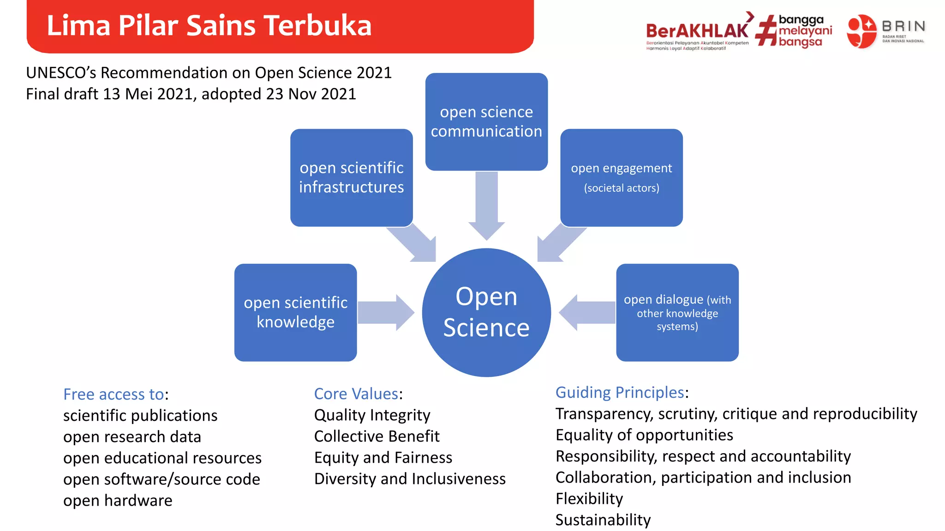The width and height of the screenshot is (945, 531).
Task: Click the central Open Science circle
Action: tap(486, 312)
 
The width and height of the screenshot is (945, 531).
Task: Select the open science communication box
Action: tap(486, 121)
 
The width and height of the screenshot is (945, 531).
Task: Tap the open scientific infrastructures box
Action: tap(351, 177)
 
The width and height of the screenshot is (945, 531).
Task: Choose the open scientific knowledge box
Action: tap(295, 312)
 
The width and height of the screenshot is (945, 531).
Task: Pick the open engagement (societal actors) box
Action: tap(621, 177)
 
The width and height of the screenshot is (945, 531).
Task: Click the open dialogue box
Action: tap(677, 312)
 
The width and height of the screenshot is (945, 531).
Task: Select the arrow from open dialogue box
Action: tap(587, 313)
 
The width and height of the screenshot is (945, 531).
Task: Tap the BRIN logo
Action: tap(885, 31)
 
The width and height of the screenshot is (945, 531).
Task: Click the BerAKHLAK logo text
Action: tap(697, 31)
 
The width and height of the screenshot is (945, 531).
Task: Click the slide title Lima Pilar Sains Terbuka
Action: tap(209, 25)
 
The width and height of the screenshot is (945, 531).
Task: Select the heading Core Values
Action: tap(356, 394)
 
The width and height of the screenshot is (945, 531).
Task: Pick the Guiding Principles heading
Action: tap(619, 392)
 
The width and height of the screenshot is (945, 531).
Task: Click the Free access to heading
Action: tap(114, 394)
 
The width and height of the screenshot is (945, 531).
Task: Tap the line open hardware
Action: tap(118, 500)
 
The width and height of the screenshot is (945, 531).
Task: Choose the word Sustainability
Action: tap(603, 519)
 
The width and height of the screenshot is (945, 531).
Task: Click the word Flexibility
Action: tap(589, 498)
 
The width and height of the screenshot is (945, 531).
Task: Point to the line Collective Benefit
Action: tap(377, 436)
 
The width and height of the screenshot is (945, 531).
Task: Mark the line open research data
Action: tap(132, 437)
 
